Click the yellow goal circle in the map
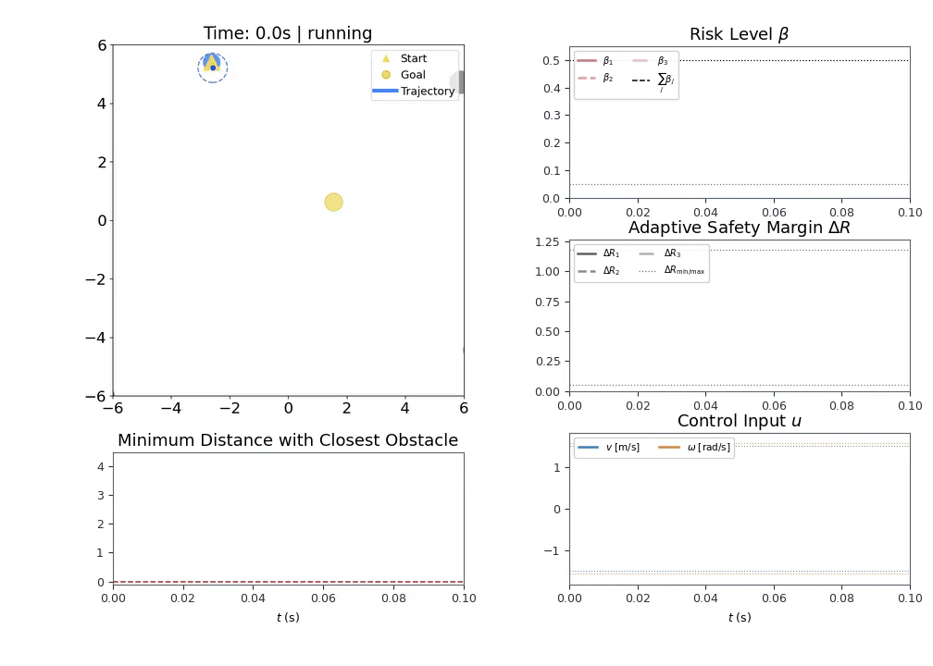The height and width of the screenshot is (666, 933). click(x=334, y=203)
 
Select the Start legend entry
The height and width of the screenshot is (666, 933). click(x=404, y=58)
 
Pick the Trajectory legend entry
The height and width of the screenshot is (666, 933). click(x=414, y=91)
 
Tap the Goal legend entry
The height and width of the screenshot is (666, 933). click(x=404, y=75)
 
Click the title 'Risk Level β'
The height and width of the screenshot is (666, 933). click(x=739, y=34)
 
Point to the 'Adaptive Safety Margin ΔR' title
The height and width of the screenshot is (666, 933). click(x=739, y=228)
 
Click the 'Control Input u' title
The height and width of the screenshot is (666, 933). click(x=739, y=421)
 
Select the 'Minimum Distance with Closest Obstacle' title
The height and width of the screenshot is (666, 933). click(x=288, y=440)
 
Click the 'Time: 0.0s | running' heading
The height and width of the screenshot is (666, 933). click(x=288, y=33)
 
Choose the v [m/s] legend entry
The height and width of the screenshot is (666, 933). click(x=608, y=447)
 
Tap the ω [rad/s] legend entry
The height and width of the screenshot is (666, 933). click(x=694, y=447)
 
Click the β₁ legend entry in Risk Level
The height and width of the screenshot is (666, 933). click(x=595, y=61)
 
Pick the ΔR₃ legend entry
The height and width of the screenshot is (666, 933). click(x=660, y=253)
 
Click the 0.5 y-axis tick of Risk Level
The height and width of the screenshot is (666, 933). click(x=551, y=61)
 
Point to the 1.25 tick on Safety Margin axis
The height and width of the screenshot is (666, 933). click(x=547, y=242)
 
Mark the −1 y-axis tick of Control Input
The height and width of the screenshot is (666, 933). click(x=553, y=551)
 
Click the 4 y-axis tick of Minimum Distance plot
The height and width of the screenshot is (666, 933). click(x=101, y=467)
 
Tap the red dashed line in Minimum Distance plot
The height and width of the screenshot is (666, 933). click(x=289, y=582)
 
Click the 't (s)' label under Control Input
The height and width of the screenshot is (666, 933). click(x=740, y=618)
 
